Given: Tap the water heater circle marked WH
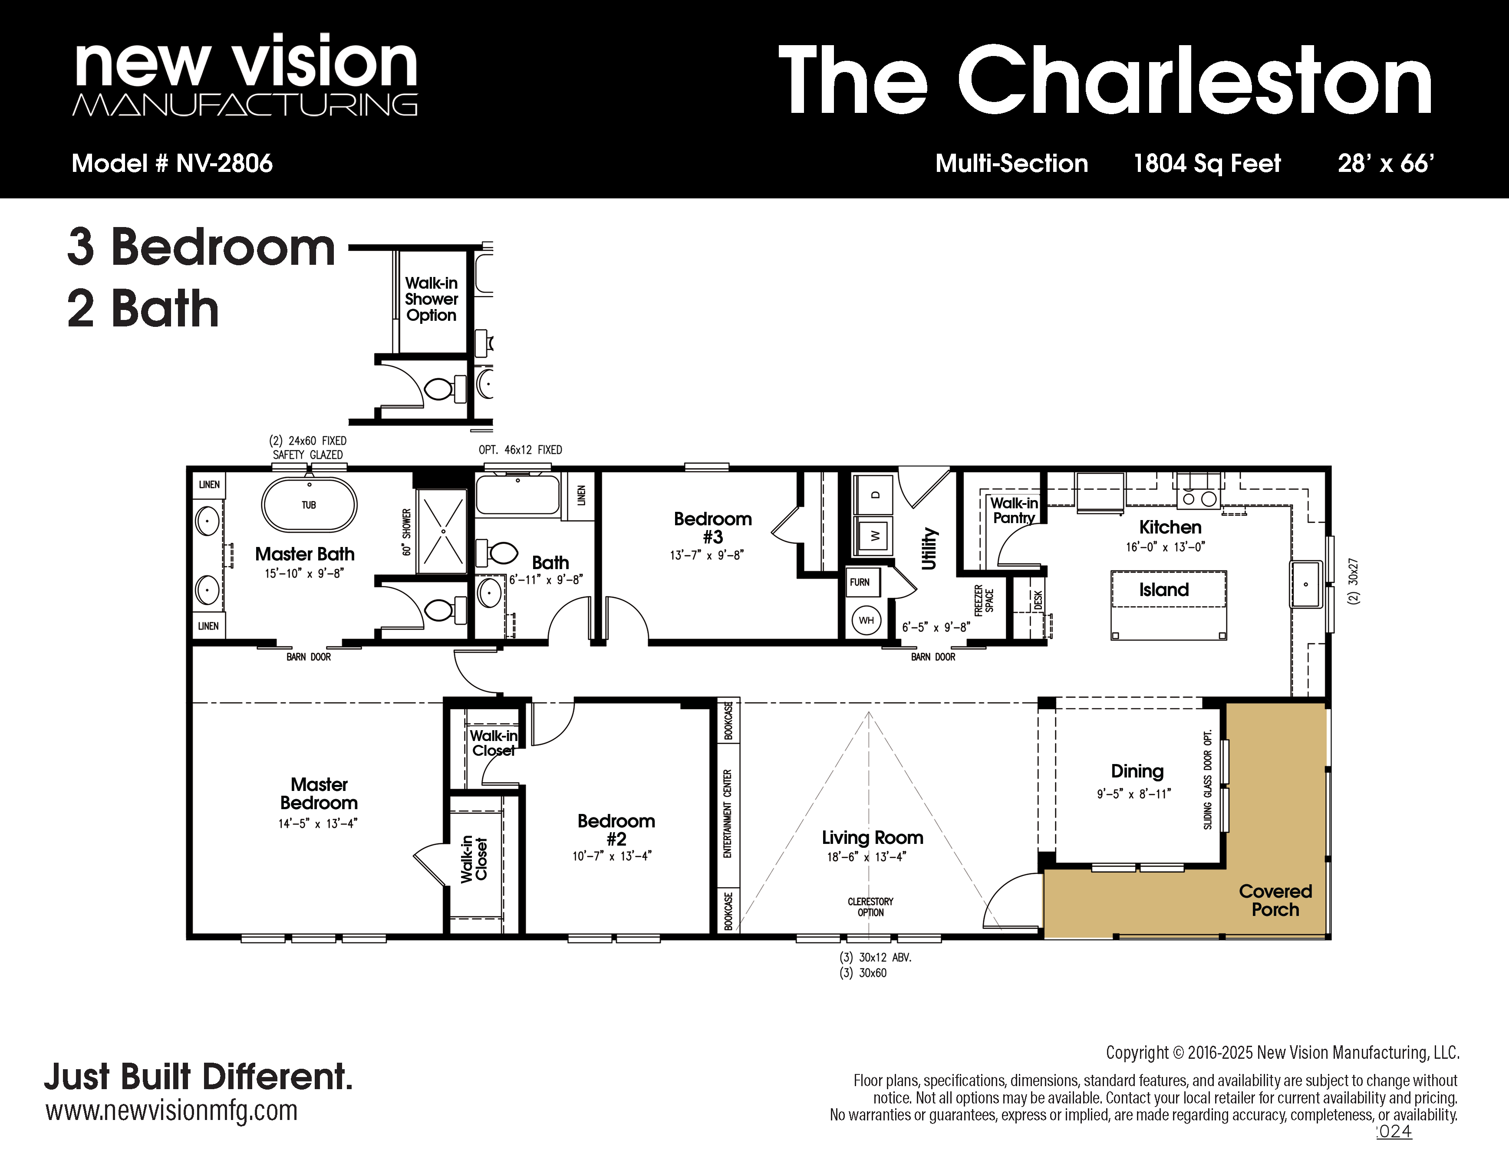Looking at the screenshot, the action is pos(867,620).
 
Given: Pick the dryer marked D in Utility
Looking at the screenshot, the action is pos(874,494).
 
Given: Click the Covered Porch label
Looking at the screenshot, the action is pos(1275,900).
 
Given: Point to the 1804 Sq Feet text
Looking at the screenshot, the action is pos(1207,164).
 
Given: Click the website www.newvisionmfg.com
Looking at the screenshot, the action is pos(171,1111).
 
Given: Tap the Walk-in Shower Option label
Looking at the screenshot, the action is pos(431,299).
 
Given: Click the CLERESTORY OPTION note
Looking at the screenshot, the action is pos(870,907).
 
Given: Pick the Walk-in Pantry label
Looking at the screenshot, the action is pos(1014,511).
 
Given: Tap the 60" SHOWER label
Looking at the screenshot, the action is pos(406,532).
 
